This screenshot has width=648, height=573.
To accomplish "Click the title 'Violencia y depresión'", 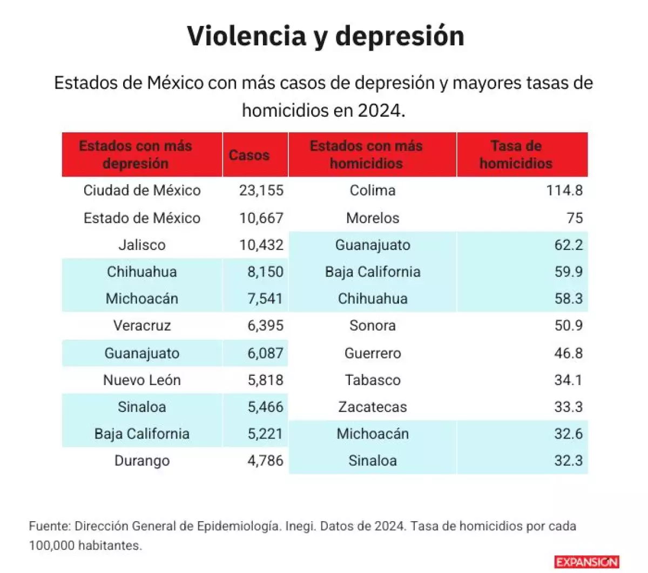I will click(326, 37).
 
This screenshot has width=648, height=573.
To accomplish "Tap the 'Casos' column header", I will click(249, 155).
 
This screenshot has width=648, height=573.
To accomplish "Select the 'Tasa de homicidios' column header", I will click(516, 154).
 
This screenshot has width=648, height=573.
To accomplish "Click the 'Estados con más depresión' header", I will click(136, 154).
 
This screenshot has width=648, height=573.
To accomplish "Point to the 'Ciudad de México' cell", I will click(142, 191).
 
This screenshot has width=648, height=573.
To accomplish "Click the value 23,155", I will click(261, 191).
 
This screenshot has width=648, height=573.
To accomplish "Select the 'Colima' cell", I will click(373, 191).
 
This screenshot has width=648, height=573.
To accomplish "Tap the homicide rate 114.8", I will click(564, 191).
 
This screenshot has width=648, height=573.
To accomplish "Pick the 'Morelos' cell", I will click(373, 218).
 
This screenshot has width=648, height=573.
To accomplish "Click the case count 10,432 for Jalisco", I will click(261, 245).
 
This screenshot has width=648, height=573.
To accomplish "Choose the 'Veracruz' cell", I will click(142, 326).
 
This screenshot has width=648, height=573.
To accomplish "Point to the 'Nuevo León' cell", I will click(142, 380).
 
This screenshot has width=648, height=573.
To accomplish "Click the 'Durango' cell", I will click(142, 461).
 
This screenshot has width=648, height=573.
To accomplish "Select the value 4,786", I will click(265, 461).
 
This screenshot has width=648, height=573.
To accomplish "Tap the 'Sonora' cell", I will click(373, 326).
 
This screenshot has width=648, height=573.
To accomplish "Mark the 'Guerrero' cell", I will click(373, 354).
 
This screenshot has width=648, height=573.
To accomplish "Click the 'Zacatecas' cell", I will click(373, 407).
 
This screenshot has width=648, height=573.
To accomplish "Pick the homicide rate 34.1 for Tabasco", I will click(568, 380).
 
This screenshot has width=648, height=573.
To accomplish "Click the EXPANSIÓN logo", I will click(586, 562).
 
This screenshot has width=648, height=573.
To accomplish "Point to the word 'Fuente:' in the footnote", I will click(50, 526).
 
